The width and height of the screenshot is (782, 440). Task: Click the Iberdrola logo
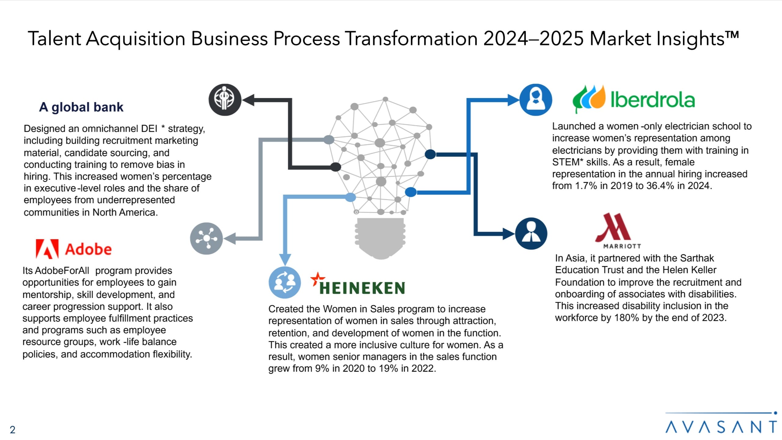tap(634, 99)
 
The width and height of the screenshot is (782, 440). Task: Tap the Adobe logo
tap(74, 249)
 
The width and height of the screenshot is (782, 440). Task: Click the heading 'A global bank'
tap(81, 107)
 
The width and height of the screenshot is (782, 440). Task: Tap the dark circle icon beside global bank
tap(225, 100)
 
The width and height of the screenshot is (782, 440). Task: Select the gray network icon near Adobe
tap(206, 238)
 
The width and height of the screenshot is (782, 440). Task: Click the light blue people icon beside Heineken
tap(284, 282)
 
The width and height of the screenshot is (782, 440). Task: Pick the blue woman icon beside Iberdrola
tap(535, 100)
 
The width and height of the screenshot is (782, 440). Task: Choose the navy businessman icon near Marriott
tap(531, 233)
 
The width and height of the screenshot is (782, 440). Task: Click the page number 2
tap(13, 430)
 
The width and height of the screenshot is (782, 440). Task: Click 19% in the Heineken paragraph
tap(388, 369)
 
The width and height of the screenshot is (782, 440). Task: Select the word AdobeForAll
tap(62, 271)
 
